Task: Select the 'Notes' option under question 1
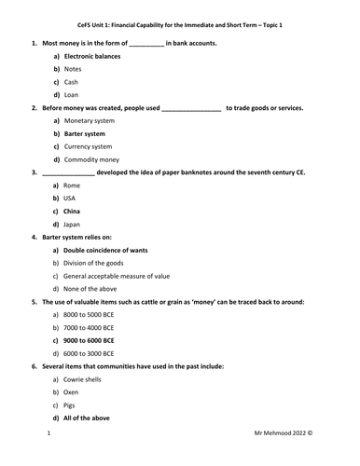pos(73,70)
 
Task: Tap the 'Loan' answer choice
pos(72,95)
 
